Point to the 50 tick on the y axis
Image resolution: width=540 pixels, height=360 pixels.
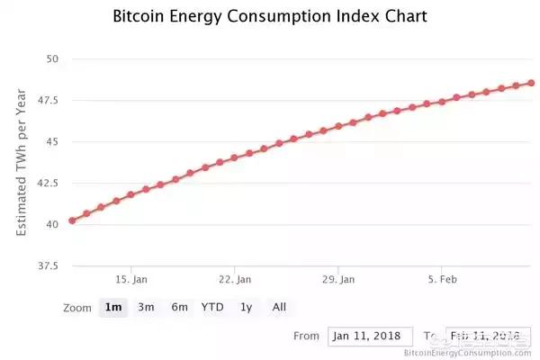(x=51, y=59)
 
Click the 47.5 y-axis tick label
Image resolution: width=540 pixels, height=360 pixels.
(x=47, y=101)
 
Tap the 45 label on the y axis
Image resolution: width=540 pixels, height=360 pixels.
(x=51, y=142)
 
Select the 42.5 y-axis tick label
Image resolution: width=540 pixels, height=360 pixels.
(x=47, y=184)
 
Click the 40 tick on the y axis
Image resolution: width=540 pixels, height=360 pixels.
(x=51, y=225)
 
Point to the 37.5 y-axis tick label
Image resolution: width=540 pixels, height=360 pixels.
(x=47, y=266)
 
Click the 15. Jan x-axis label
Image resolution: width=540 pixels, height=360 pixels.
(x=131, y=280)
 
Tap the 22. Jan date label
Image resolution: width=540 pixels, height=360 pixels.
(x=234, y=280)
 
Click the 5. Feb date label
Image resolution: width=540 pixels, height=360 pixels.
(x=440, y=280)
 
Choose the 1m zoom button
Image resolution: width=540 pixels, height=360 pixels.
(x=113, y=307)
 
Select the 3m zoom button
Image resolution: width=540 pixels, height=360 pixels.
(x=146, y=307)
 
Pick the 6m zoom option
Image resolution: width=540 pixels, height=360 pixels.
(x=179, y=307)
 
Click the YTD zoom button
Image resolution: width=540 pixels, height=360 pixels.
(x=212, y=307)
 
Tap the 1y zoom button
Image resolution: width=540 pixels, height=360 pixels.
(x=246, y=307)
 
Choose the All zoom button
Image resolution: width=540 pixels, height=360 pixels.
(x=279, y=307)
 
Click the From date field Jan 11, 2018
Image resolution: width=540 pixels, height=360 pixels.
(x=370, y=337)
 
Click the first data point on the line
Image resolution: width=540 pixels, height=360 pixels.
(x=72, y=220)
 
